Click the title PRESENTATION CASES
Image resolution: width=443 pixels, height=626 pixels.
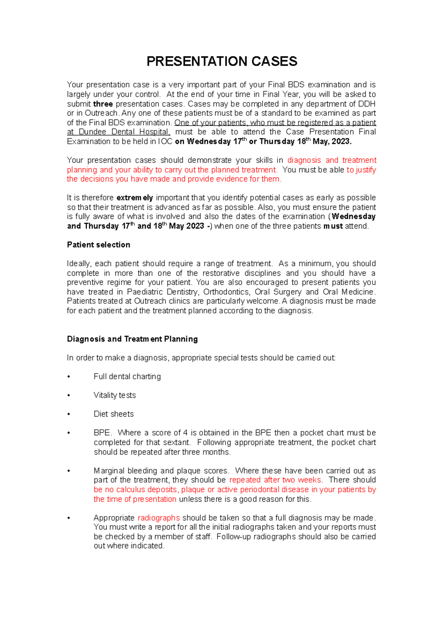tap(221, 61)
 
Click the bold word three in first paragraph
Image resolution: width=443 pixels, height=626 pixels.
tap(103, 104)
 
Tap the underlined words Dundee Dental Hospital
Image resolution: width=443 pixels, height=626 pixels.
tap(124, 132)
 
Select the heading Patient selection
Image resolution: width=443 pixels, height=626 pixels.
tap(98, 245)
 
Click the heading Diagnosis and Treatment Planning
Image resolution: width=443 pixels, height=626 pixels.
tap(132, 339)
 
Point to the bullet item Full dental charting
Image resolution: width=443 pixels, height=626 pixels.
tap(127, 376)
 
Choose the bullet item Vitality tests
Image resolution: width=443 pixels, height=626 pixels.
tap(114, 395)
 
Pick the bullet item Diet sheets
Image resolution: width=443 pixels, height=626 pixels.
tap(113, 414)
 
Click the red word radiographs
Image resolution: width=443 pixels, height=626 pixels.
tap(159, 518)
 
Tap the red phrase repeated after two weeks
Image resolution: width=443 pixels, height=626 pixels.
tap(275, 480)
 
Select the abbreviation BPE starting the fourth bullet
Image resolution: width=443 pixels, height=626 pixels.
tap(102, 433)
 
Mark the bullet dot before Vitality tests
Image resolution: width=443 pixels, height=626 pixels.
tap(69, 396)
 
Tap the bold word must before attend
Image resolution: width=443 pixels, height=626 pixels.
tap(333, 226)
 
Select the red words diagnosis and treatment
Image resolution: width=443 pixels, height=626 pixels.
tap(332, 160)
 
